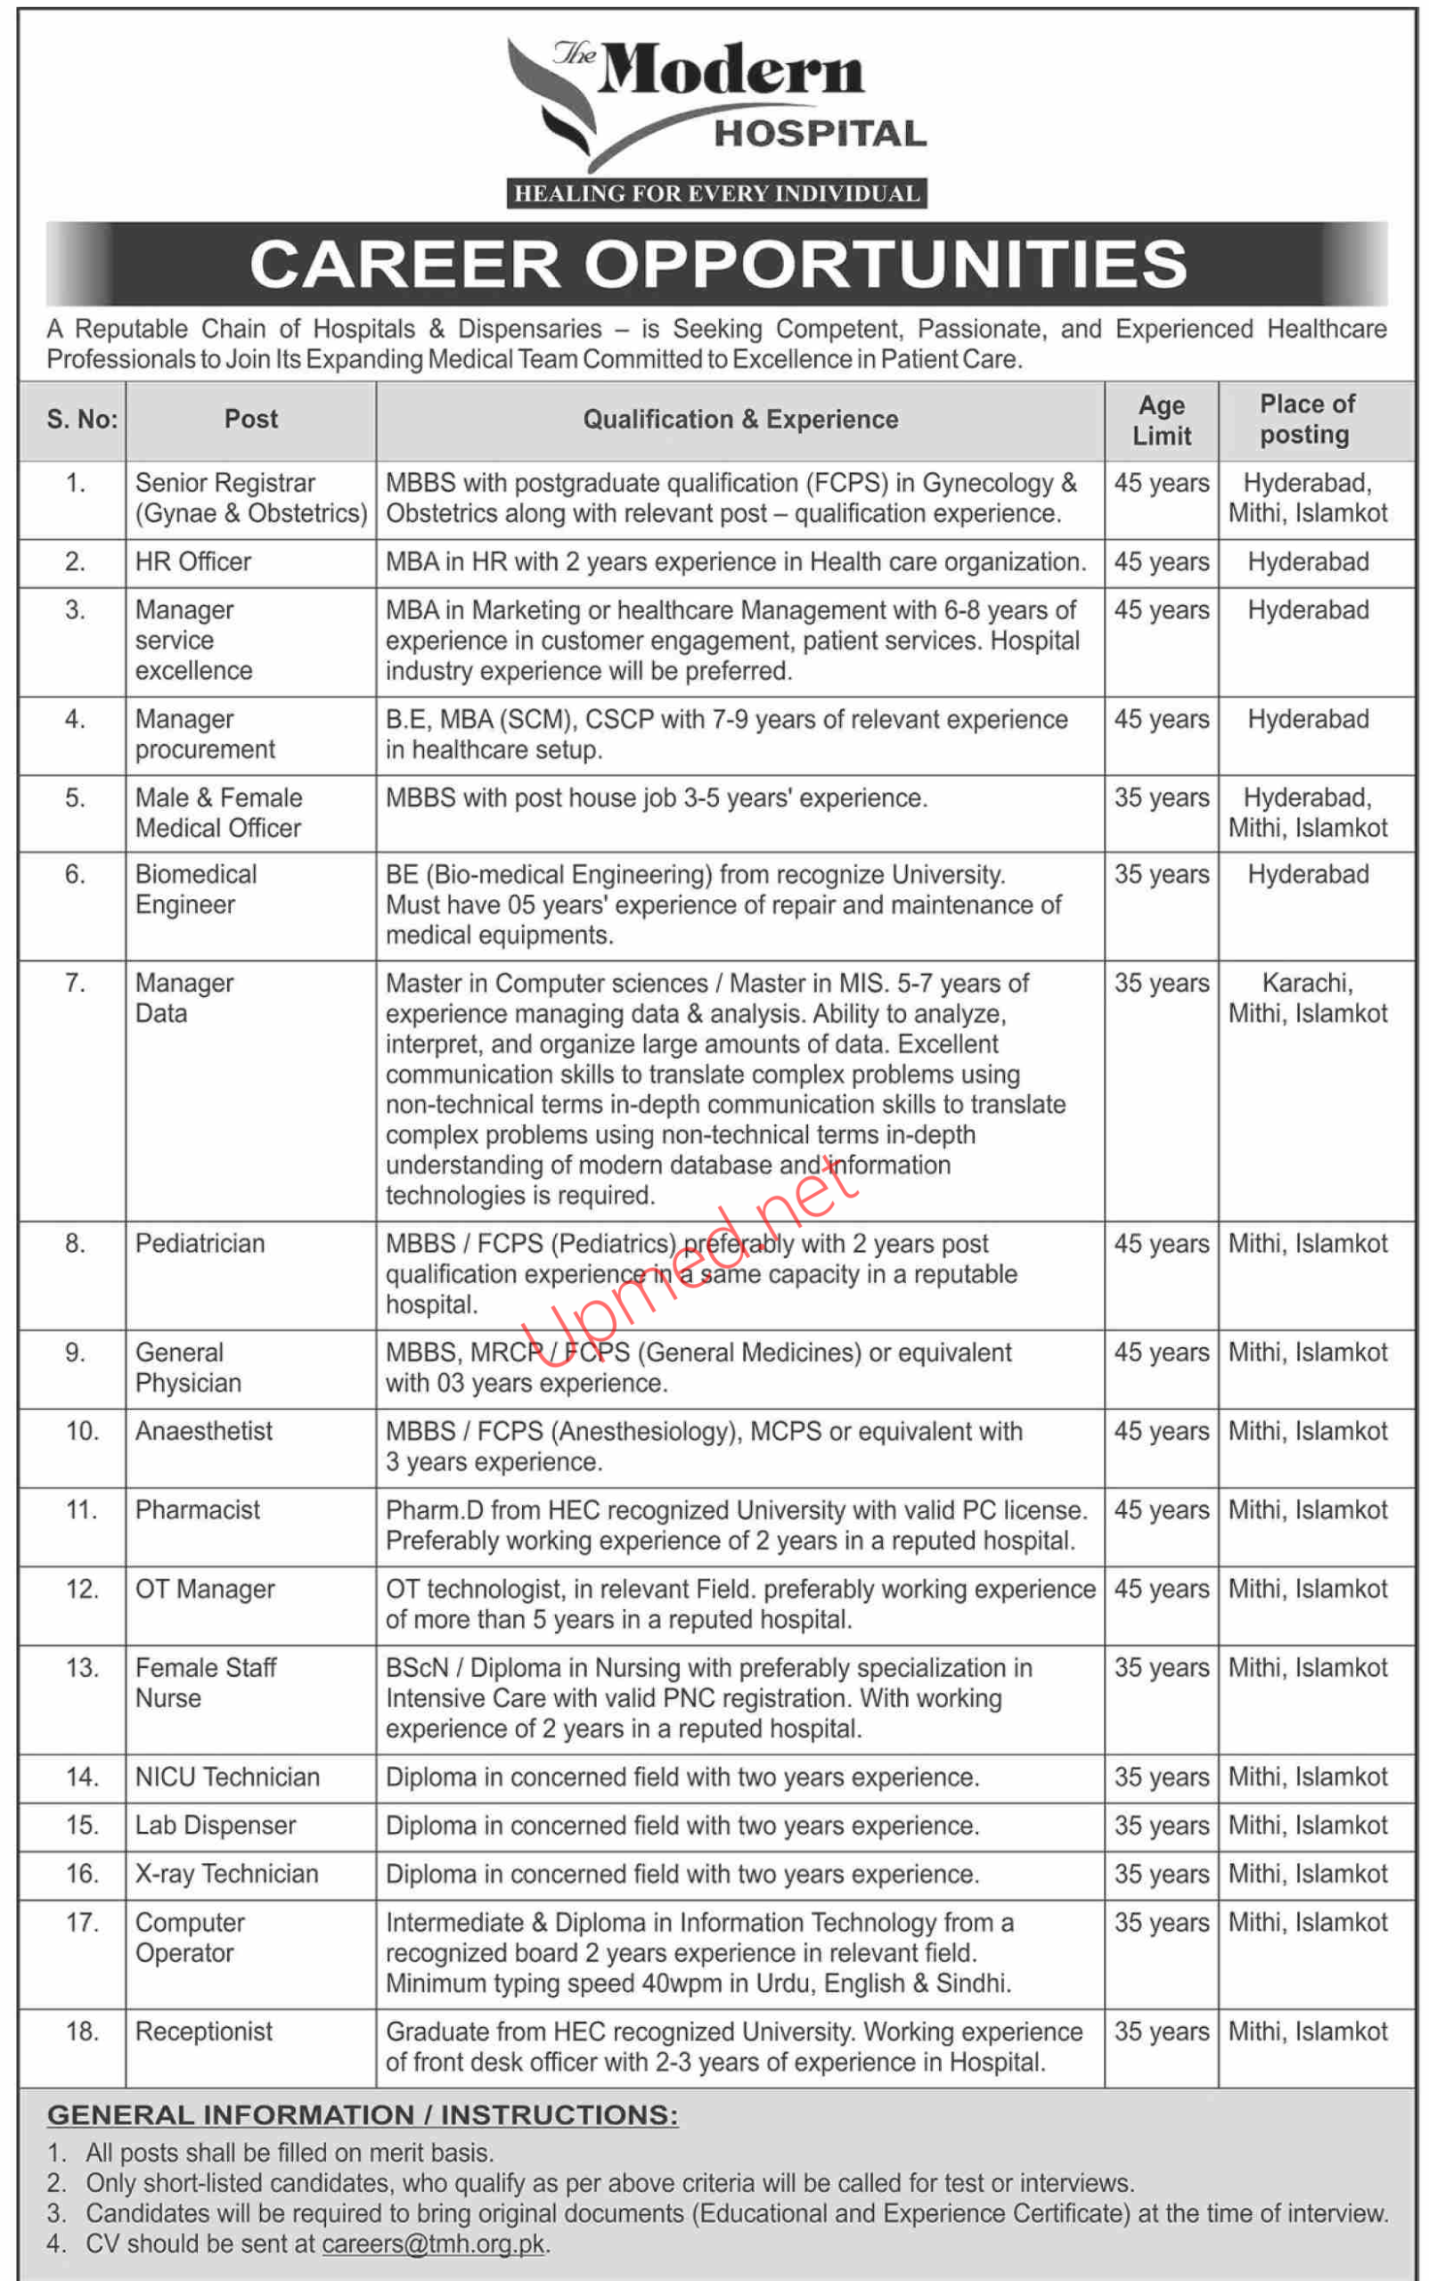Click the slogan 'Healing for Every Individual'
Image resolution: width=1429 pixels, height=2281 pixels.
coord(716,193)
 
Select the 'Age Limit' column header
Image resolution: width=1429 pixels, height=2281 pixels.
coord(1162,421)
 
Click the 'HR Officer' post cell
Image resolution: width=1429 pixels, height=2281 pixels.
coord(192,562)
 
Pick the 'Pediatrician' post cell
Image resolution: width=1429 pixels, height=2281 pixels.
coord(200,1244)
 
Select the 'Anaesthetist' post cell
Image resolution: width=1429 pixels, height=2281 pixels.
coord(203,1431)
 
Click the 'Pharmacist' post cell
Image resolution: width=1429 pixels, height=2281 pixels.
coord(197,1510)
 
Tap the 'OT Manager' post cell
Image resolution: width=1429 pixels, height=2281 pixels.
coord(205,1589)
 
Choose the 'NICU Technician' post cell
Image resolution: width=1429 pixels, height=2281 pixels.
coord(227,1778)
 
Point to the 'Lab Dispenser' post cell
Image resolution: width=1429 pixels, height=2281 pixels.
coord(216,1826)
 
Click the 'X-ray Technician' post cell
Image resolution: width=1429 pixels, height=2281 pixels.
coord(227,1874)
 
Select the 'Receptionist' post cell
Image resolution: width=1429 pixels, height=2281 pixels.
coord(203,2032)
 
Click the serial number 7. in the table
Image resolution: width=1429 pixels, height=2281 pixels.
coord(76,984)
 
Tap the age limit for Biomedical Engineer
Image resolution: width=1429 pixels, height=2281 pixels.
coord(1162,874)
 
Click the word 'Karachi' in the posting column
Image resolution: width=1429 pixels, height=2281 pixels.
coord(1307,983)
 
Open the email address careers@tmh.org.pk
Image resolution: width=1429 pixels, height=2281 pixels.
coord(433,2244)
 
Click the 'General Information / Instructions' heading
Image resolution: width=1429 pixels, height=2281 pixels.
coord(362,2115)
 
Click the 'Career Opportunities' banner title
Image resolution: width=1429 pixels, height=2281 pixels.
coord(718,264)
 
